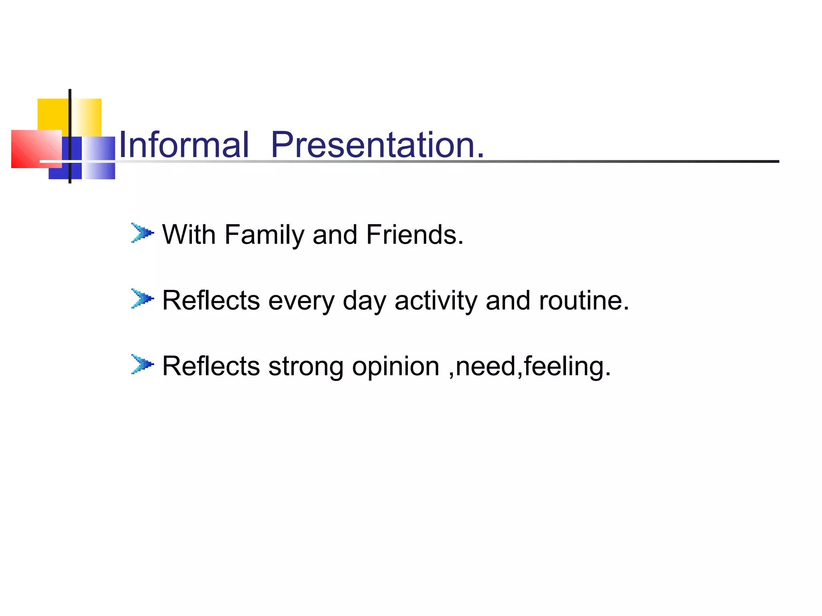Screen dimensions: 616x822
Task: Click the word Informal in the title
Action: tap(184, 145)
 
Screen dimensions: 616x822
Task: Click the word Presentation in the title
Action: tap(377, 145)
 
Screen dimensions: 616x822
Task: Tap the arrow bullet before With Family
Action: tap(142, 233)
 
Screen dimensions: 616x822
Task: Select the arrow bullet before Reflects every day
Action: tap(142, 299)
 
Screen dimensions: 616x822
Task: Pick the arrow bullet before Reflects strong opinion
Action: tap(142, 365)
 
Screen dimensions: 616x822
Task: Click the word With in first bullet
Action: tap(189, 235)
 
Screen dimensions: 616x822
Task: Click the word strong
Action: tap(305, 367)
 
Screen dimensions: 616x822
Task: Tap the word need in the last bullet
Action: tap(486, 367)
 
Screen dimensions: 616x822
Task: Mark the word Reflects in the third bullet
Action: tap(211, 366)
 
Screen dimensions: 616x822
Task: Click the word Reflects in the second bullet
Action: tap(211, 300)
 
